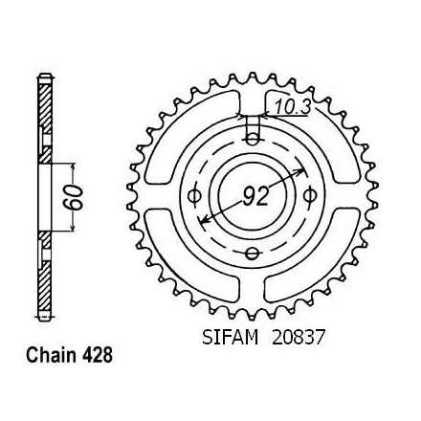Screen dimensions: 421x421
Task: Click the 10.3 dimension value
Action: [293, 107]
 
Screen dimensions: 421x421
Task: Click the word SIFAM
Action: [230, 338]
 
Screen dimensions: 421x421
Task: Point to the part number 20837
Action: [298, 338]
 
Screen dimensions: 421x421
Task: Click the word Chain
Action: [52, 355]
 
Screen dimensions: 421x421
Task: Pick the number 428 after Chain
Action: [98, 355]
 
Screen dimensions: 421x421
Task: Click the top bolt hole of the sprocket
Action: [253, 139]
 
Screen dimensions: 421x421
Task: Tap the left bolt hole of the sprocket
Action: [194, 196]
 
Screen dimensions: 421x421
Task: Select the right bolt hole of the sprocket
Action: [309, 195]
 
